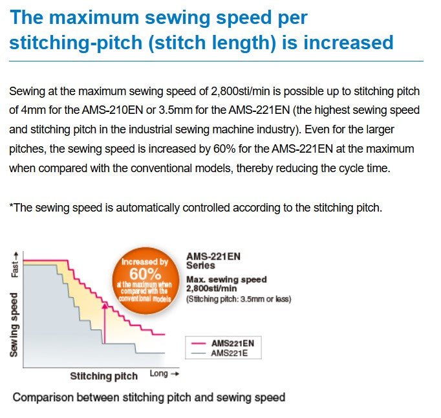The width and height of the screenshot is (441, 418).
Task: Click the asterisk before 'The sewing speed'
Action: pos(11,208)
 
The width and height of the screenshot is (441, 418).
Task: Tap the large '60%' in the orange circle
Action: pos(144,274)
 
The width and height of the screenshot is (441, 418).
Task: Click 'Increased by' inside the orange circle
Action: pos(145,261)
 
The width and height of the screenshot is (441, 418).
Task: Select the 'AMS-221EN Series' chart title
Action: pos(213,260)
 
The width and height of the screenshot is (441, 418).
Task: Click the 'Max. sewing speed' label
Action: pos(226,280)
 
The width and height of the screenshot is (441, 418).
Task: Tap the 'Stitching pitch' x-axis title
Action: pos(103,376)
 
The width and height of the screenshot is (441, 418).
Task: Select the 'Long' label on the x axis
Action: pos(159,374)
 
